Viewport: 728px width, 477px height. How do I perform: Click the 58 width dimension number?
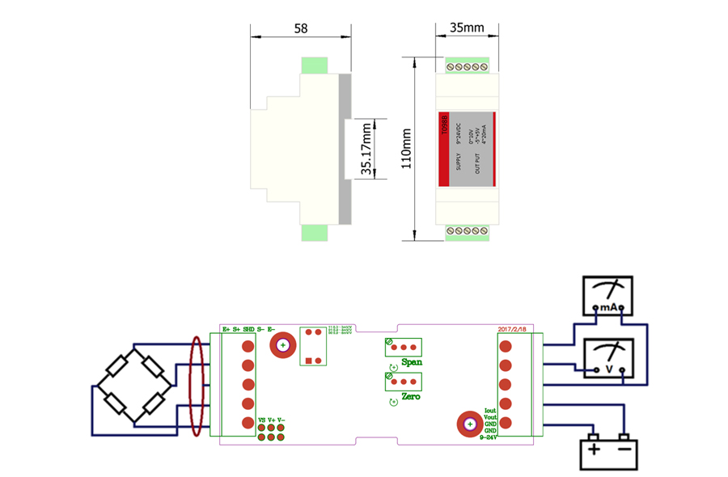click(x=300, y=28)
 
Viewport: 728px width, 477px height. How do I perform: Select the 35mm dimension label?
click(x=467, y=28)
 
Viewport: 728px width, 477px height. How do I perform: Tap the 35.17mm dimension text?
click(x=366, y=149)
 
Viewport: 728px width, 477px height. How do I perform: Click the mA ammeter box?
click(x=607, y=296)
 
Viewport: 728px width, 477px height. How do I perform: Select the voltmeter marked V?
click(x=607, y=358)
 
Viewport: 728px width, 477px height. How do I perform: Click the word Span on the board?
click(x=411, y=362)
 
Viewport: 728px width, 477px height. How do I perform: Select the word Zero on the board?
click(x=411, y=397)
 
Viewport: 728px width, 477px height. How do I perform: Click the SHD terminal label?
click(x=248, y=329)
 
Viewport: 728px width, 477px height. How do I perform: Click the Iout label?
click(x=489, y=411)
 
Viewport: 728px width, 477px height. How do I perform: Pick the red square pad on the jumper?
click(x=310, y=360)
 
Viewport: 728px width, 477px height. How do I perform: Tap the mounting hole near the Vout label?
click(x=468, y=424)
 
